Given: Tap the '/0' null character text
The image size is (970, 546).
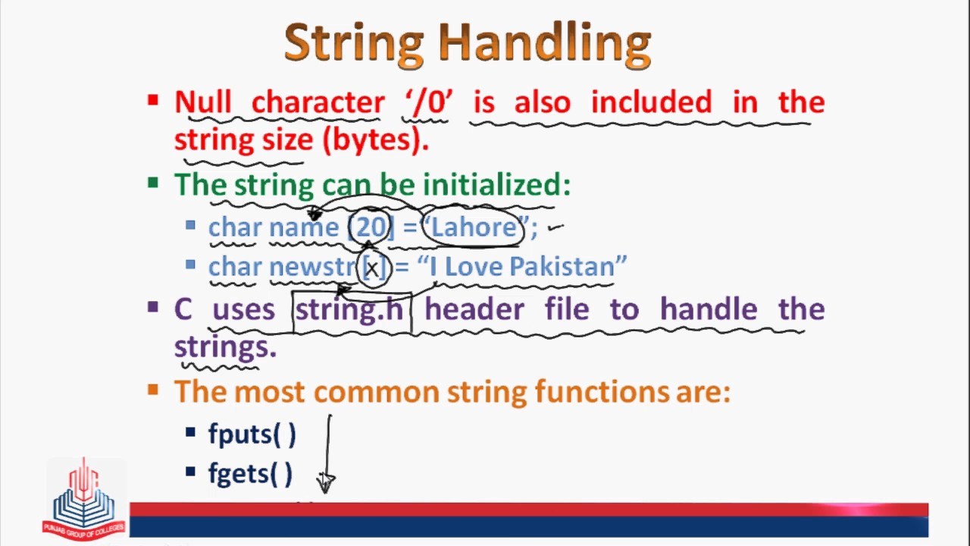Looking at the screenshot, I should pos(428,102).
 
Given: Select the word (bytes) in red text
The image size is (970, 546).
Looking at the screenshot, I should pos(375,140).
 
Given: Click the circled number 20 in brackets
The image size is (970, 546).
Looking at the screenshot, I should pos(371,227).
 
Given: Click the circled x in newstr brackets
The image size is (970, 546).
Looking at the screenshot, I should pos(372,268).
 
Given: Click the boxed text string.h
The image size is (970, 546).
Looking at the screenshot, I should pos(350,309).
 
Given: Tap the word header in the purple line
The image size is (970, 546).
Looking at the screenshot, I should pos(474,309).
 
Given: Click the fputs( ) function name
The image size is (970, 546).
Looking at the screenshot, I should pos(252,434).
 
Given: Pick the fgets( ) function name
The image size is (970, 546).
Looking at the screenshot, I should pos(250,474).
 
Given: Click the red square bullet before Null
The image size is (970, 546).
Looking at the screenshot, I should pos(153,99).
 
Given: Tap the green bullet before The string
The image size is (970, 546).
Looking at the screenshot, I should pos(153,182).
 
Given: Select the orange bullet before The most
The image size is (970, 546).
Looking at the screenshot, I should pos(153,390).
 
